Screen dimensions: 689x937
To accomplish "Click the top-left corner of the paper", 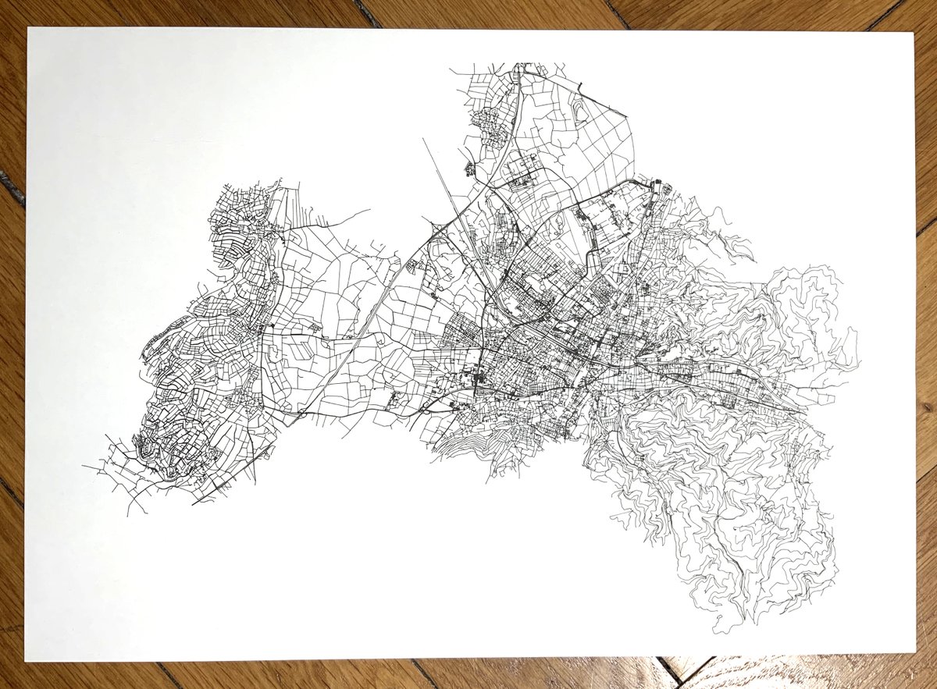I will click(29, 29).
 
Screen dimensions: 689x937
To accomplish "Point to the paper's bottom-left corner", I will click(26, 660).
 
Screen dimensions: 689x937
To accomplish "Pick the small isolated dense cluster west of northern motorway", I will click(470, 167).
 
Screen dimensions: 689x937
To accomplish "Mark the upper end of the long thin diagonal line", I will click(423, 140).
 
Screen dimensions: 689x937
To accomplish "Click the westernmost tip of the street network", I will click(84, 467).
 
